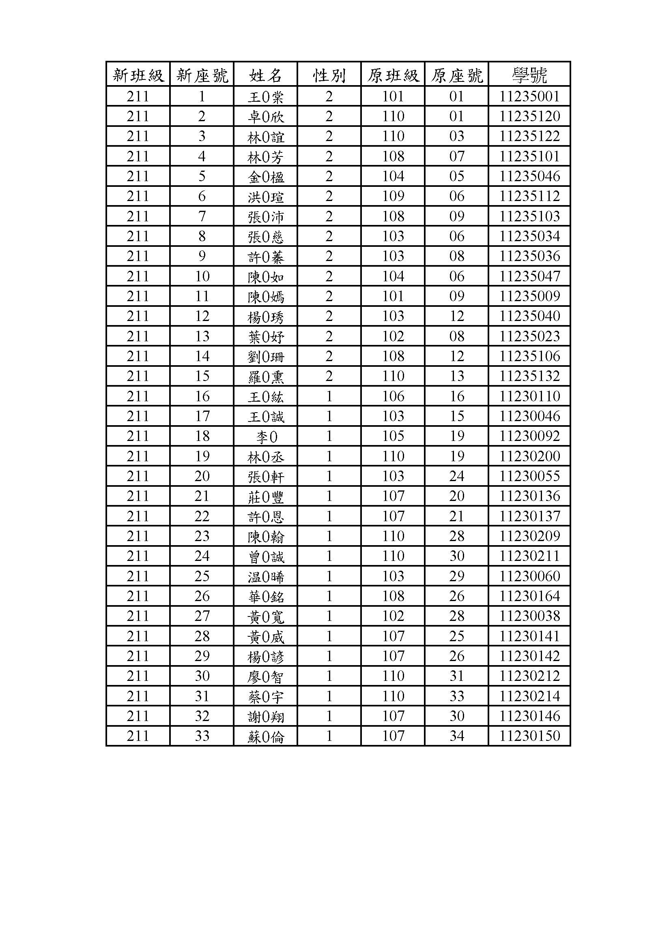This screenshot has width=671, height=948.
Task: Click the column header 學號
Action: coord(529,75)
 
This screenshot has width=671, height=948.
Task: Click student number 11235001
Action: coord(529,96)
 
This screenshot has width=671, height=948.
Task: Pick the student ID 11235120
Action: coord(529,116)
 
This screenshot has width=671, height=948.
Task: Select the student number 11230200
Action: coord(529,456)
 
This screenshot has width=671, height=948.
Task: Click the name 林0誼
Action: coord(266,137)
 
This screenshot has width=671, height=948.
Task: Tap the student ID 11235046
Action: coord(529,176)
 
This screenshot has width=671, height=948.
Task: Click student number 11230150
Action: coord(529,736)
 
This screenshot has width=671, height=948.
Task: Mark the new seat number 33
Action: coord(202,736)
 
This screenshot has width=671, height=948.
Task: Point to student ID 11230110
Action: coord(529,396)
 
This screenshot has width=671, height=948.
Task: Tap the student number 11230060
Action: coord(529,576)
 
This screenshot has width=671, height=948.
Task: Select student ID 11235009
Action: coord(529,296)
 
